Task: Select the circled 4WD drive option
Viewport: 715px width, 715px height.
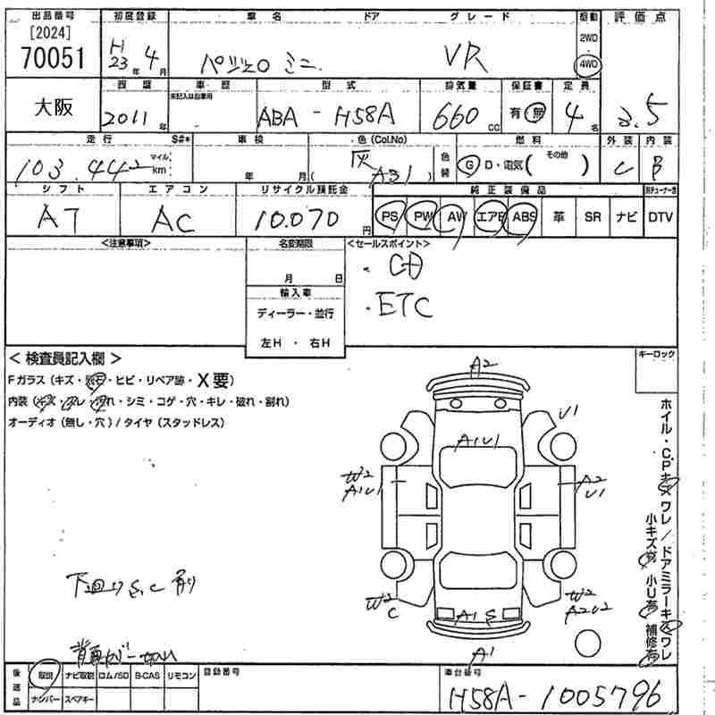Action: tap(589, 64)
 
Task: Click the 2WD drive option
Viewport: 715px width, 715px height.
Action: tap(589, 38)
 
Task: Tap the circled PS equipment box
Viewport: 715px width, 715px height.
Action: tap(390, 216)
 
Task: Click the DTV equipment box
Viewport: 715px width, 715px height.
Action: tap(660, 216)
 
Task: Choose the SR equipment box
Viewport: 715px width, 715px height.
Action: tap(592, 216)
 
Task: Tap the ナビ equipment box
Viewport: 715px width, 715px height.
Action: tap(626, 216)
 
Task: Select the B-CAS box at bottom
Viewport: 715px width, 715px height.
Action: tap(148, 677)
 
